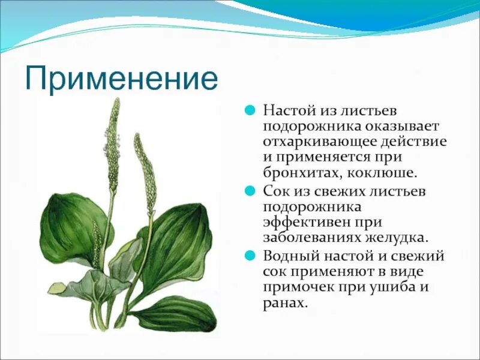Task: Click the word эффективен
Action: (303, 222)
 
